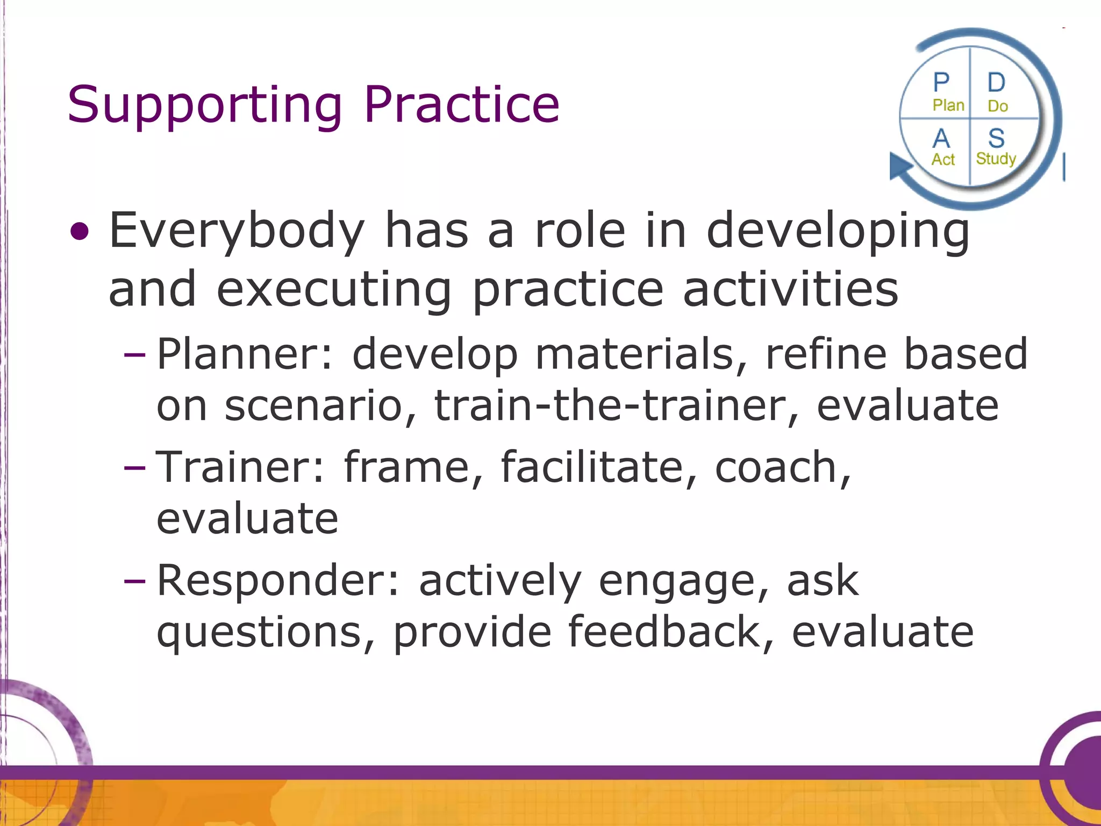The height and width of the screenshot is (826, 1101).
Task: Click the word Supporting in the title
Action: pyautogui.click(x=204, y=105)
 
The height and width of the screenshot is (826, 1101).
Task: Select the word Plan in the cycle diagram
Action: pyautogui.click(x=948, y=105)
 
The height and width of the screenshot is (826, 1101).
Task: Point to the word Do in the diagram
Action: pyautogui.click(x=997, y=106)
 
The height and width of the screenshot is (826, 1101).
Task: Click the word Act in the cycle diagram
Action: pyautogui.click(x=943, y=160)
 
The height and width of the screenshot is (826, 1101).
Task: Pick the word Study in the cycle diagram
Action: pyautogui.click(x=996, y=159)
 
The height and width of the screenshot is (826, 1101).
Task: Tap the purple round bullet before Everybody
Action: pyautogui.click(x=80, y=232)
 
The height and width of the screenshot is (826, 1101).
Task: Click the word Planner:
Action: pyautogui.click(x=245, y=354)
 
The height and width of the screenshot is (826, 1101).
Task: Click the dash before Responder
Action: pyautogui.click(x=134, y=581)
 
